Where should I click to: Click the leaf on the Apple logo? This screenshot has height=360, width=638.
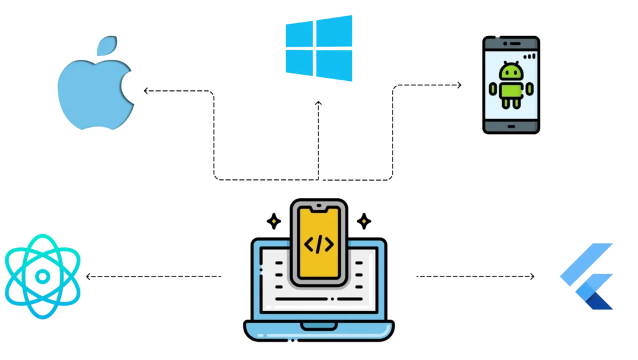(x=107, y=47)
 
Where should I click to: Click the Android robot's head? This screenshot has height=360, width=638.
(x=511, y=72)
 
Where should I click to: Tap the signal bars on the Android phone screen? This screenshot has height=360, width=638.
(x=529, y=56)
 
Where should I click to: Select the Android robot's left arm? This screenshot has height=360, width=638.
(x=493, y=89)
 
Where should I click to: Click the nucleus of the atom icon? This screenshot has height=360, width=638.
(x=42, y=275)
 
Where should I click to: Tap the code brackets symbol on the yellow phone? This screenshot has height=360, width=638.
(x=318, y=244)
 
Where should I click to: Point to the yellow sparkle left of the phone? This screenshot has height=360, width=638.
(x=274, y=221)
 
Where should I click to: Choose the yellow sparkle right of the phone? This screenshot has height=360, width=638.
(x=364, y=221)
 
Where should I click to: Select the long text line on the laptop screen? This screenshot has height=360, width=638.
(x=318, y=298)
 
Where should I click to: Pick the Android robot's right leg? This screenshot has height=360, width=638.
(x=517, y=103)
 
